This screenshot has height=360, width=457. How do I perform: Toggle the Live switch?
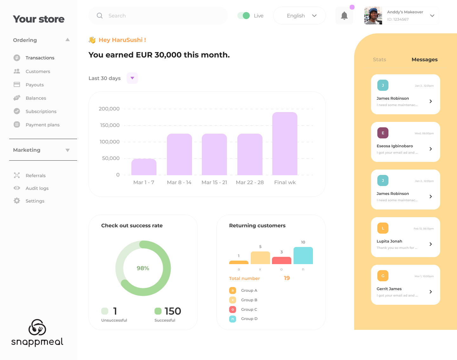244,16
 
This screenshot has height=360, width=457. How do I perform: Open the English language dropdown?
299,16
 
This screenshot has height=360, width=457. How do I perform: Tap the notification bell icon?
344,16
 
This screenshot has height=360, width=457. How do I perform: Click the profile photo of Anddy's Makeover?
373,16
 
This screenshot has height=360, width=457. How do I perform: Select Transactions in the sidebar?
40,58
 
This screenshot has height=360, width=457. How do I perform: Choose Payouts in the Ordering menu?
35,85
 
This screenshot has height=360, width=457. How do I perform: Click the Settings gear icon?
17,201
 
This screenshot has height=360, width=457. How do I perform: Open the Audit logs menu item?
37,188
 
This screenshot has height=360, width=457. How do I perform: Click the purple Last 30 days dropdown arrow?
132,78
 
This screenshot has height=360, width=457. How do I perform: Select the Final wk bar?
285,143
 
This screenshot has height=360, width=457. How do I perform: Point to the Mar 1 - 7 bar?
144,167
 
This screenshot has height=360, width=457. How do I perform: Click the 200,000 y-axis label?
109,109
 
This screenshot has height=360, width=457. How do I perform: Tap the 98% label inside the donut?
143,268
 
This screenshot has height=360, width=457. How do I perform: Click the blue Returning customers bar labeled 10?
303,256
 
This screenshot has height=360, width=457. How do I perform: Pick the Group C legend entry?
249,310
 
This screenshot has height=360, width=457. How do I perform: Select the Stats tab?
379,60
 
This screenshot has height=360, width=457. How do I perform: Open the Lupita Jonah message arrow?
431,244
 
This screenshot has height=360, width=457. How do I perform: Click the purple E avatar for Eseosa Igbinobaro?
383,133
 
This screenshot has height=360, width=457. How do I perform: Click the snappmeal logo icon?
37,327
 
